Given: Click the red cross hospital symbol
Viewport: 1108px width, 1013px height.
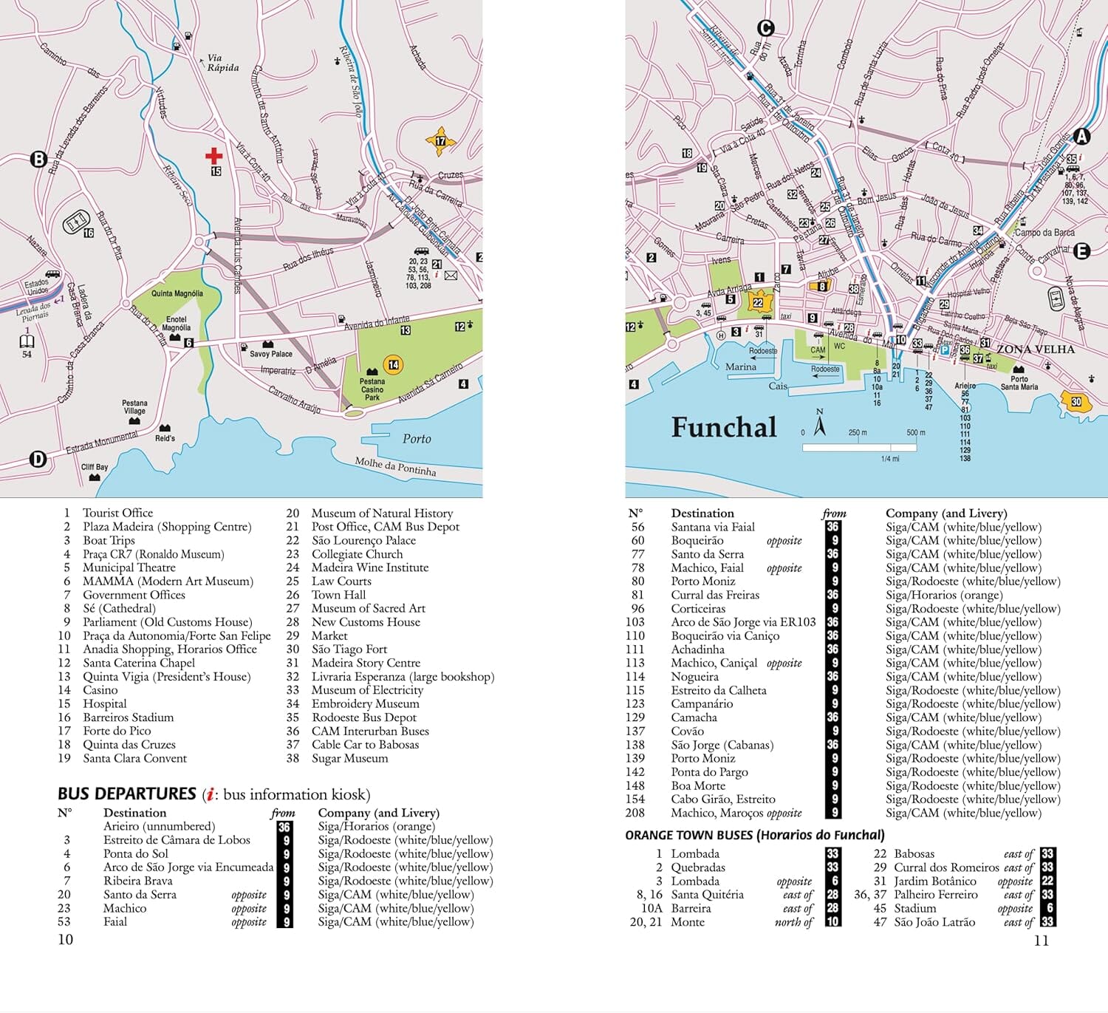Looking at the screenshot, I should click(214, 155).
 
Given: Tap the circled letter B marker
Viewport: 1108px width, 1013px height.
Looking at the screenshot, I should click(38, 159).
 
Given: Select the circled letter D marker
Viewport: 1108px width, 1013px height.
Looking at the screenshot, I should click(38, 460).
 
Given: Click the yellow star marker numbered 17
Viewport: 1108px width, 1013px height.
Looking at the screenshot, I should click(440, 141).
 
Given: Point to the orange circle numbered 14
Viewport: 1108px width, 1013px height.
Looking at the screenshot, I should click(394, 364).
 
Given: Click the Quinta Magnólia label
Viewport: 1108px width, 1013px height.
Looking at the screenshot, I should click(177, 293).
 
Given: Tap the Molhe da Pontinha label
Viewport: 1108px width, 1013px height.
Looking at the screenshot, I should click(395, 466).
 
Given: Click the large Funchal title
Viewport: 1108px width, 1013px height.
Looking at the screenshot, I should click(724, 428).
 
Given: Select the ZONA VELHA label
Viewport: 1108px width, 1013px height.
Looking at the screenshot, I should click(1036, 349).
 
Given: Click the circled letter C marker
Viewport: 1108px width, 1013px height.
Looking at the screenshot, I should click(766, 28).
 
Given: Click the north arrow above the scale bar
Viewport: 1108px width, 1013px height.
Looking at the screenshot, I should click(819, 424).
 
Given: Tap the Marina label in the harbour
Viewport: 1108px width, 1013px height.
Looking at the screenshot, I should click(740, 366).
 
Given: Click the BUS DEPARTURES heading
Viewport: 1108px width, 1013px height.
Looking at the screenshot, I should click(126, 794).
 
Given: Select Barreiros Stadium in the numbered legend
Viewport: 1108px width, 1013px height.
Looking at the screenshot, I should click(128, 717).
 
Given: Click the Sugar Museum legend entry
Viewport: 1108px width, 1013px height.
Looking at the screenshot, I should click(349, 758).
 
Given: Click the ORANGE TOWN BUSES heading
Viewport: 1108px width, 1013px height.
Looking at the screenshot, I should click(754, 835).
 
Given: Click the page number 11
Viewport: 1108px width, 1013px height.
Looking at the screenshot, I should click(1042, 941).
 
